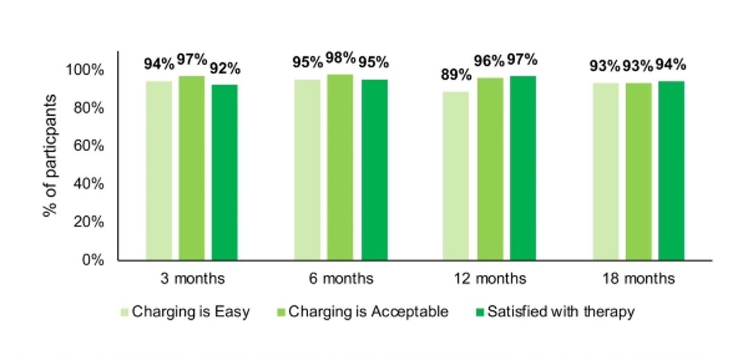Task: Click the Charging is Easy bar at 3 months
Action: (159, 171)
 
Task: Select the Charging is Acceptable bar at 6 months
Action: (340, 168)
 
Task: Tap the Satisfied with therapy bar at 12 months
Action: (523, 168)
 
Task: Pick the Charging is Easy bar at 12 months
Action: (456, 176)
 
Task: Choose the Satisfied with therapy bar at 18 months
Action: (671, 171)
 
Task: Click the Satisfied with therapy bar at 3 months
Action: (224, 172)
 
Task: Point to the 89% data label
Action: (456, 75)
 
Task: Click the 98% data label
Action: (341, 59)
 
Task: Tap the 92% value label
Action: (225, 69)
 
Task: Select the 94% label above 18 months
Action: (670, 65)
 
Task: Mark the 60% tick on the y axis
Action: (89, 146)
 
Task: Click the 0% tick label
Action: (93, 260)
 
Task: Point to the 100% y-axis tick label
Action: (85, 70)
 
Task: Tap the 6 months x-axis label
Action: (340, 278)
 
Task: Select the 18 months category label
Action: (639, 278)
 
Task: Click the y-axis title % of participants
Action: (50, 156)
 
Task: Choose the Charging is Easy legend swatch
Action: (124, 312)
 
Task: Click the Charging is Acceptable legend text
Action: (368, 312)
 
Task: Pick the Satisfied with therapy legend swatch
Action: (480, 312)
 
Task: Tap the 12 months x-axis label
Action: (490, 278)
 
